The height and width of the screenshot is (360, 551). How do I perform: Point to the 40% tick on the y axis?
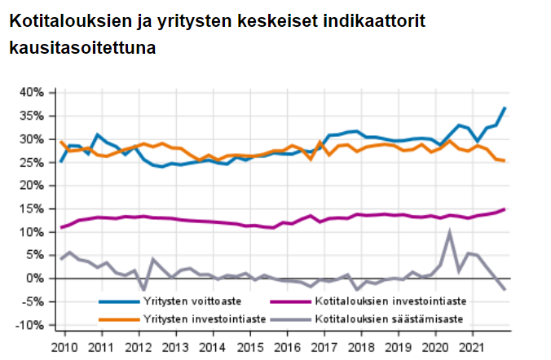[32, 92]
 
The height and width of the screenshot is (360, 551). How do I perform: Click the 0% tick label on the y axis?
[37, 279]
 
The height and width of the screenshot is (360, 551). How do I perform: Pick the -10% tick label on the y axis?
[32, 325]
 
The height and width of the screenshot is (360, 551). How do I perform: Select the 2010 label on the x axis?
[64, 347]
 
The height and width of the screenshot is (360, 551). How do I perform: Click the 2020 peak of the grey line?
[450, 232]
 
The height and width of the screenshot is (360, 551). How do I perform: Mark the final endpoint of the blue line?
[505, 108]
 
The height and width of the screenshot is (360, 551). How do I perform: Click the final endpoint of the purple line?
[505, 209]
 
